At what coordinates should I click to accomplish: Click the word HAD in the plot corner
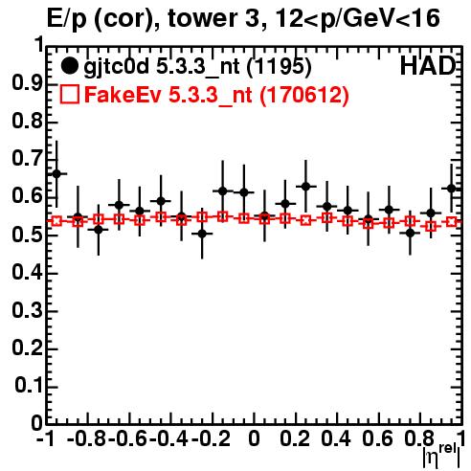click(x=428, y=66)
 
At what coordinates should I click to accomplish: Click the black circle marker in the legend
click(x=69, y=66)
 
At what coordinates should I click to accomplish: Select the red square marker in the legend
click(x=70, y=94)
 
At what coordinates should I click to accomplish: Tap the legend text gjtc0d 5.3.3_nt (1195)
click(x=197, y=67)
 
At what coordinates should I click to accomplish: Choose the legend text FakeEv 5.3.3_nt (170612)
click(x=216, y=95)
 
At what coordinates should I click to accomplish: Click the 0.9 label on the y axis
click(x=27, y=83)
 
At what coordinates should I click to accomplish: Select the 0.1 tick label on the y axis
click(x=29, y=386)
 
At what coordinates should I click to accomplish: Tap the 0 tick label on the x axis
click(x=254, y=438)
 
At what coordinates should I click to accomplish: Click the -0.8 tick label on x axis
click(x=86, y=438)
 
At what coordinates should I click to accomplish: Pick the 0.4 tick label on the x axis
click(x=336, y=438)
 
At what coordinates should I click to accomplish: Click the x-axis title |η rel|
click(x=441, y=457)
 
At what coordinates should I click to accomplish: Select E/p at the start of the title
click(x=67, y=19)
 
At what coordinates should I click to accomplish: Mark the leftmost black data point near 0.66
click(x=56, y=174)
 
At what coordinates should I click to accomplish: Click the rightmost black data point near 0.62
click(x=451, y=189)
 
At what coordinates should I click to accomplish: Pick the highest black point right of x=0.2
click(x=305, y=187)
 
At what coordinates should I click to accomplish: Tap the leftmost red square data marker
click(x=56, y=221)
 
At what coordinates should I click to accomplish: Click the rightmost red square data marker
click(x=451, y=221)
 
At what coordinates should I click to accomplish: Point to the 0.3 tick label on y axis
click(x=27, y=310)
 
